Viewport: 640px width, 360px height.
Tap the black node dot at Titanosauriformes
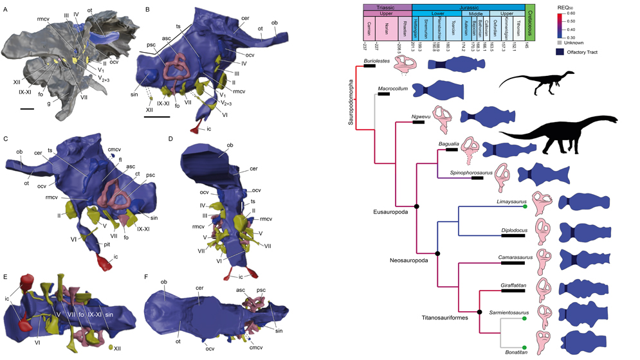coord(480,316)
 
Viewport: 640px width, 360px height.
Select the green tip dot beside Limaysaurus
coord(525,206)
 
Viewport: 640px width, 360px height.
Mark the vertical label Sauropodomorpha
coord(351,107)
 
